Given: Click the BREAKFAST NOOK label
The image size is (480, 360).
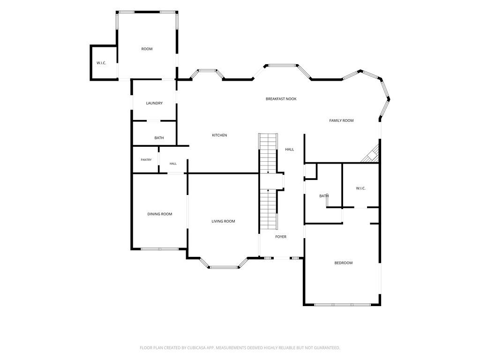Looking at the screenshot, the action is point(281,99).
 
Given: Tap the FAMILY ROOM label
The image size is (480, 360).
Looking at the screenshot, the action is point(341,120).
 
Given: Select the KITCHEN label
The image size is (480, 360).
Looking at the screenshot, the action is point(219,135).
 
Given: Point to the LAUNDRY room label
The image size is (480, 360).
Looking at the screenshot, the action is point(154,103).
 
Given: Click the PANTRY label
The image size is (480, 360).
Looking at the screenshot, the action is point(146,160).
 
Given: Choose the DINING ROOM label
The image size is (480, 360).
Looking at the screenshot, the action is point(160,214).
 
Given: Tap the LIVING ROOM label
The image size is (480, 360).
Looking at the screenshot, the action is point(223,221).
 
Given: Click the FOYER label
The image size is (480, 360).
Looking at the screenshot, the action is point(281,237).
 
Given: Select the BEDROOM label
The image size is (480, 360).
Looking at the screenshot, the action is point(344,263).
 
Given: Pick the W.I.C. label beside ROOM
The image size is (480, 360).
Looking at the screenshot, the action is point(101,63).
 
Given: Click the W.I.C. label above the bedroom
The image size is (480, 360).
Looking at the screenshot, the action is point(360,188).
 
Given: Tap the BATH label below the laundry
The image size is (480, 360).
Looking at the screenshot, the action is point(159,138).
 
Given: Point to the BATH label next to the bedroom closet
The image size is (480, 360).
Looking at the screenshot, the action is point(324,196).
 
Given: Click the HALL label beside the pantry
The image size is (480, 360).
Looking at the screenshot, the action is point(173,164).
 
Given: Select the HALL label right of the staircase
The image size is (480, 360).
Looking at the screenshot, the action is point(289,150).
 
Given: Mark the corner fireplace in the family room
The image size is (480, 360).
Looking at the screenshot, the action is point(372,155).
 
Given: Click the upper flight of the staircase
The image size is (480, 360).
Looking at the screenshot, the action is point(268,153).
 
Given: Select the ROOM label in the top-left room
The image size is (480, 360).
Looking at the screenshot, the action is point(147,49).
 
